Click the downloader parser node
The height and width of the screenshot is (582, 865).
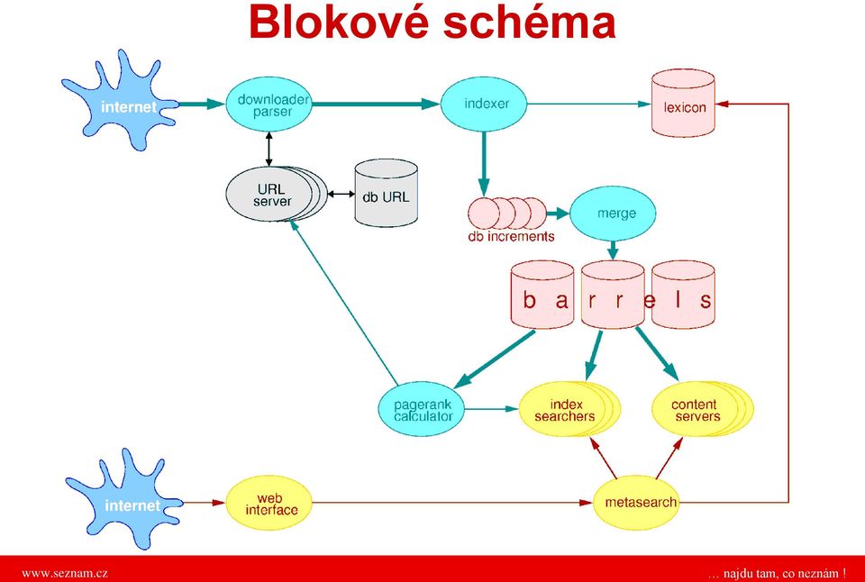tap(269, 105)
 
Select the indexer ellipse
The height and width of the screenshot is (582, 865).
tap(484, 104)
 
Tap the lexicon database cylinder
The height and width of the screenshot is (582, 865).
tap(683, 104)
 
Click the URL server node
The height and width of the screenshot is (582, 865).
tap(272, 195)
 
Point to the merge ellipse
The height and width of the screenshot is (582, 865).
tap(613, 214)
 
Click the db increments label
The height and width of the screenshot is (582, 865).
tap(511, 237)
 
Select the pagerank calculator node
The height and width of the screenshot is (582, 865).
tap(422, 409)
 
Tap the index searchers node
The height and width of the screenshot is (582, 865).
tap(569, 409)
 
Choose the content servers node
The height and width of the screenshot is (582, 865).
tap(701, 409)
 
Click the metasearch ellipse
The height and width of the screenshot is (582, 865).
tap(636, 503)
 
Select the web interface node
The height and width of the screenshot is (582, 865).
tap(269, 503)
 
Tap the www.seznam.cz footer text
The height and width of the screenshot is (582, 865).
tap(65, 573)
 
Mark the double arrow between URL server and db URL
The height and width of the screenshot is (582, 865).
tap(341, 195)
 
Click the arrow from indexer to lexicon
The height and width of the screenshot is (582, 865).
tap(589, 104)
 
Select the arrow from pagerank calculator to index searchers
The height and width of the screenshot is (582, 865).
tap(492, 409)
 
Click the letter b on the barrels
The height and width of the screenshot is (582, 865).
tap(530, 301)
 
